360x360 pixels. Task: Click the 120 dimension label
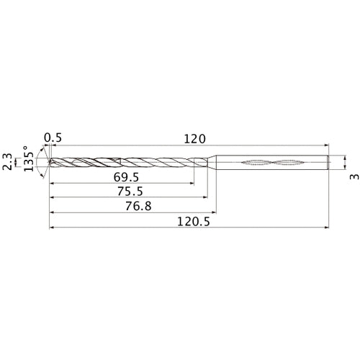(x=194, y=138)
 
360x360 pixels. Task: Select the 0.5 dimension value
(x=52, y=138)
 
